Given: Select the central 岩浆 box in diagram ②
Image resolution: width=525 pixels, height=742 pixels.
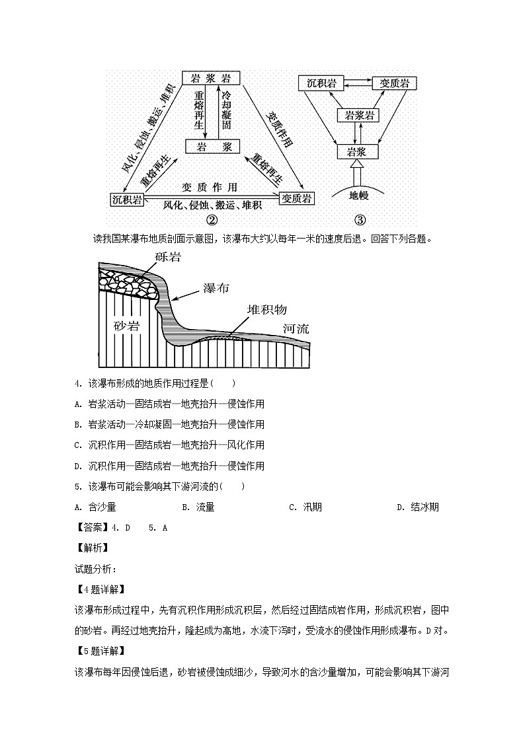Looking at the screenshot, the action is [x=208, y=147].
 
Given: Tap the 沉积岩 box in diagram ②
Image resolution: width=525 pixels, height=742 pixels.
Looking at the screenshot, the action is [x=127, y=199].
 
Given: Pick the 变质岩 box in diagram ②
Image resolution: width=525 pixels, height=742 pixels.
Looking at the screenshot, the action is [x=297, y=198].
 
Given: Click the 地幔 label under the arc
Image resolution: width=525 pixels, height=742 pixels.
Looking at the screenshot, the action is [x=358, y=196].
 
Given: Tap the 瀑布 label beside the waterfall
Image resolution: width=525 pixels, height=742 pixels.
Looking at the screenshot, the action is [x=215, y=289].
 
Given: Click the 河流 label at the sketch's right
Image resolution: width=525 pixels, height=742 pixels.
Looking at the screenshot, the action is [x=296, y=328].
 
